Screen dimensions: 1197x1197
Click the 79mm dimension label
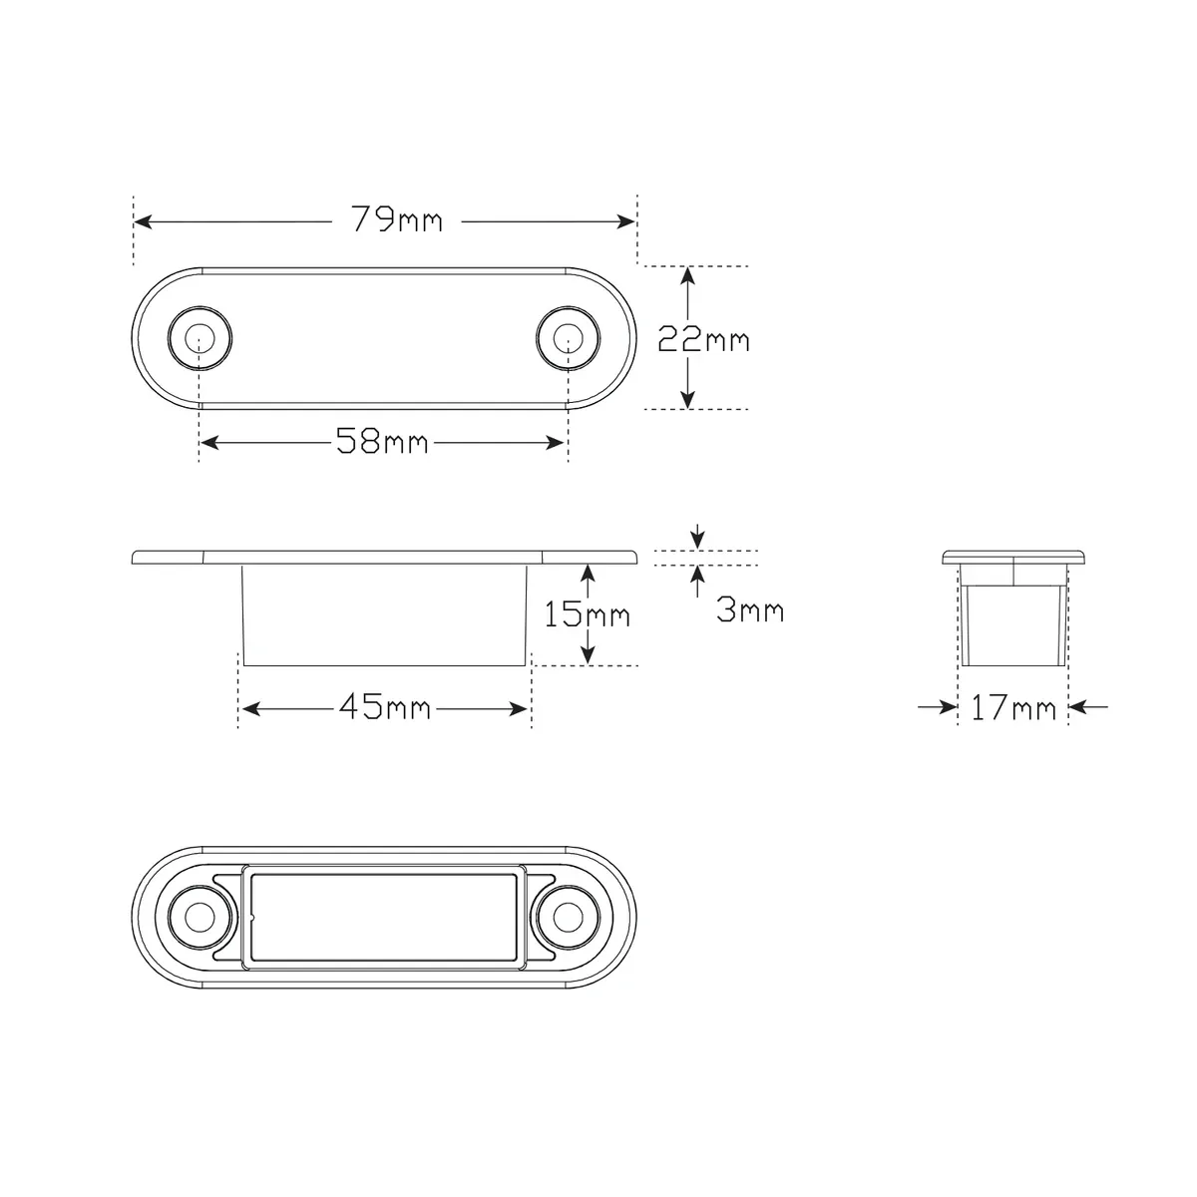(x=397, y=219)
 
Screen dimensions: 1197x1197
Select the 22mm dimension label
(x=704, y=339)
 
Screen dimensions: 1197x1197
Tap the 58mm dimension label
(x=382, y=441)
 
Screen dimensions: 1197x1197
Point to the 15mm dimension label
(x=587, y=614)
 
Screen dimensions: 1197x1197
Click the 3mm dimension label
(x=750, y=609)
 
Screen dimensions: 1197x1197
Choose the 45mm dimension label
(x=384, y=707)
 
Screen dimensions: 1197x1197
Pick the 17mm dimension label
(x=1013, y=708)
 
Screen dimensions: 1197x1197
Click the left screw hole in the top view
(x=200, y=338)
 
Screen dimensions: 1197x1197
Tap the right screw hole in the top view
(x=568, y=338)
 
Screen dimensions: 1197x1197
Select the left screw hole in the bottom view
(x=200, y=918)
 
